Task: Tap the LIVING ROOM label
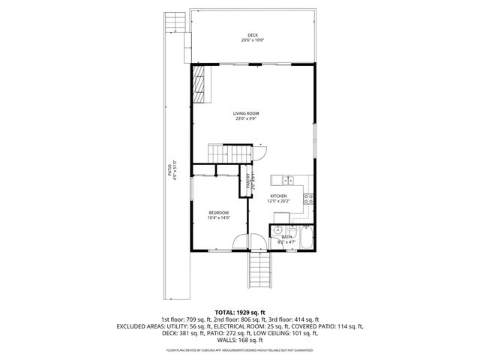click(x=245, y=113)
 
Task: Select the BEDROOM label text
click(x=219, y=213)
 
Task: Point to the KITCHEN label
click(x=278, y=196)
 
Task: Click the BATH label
click(x=286, y=237)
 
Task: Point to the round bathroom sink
click(x=277, y=229)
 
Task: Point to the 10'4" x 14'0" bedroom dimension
click(x=219, y=218)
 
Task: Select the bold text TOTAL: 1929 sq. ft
click(x=239, y=311)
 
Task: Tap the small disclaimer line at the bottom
click(x=239, y=350)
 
